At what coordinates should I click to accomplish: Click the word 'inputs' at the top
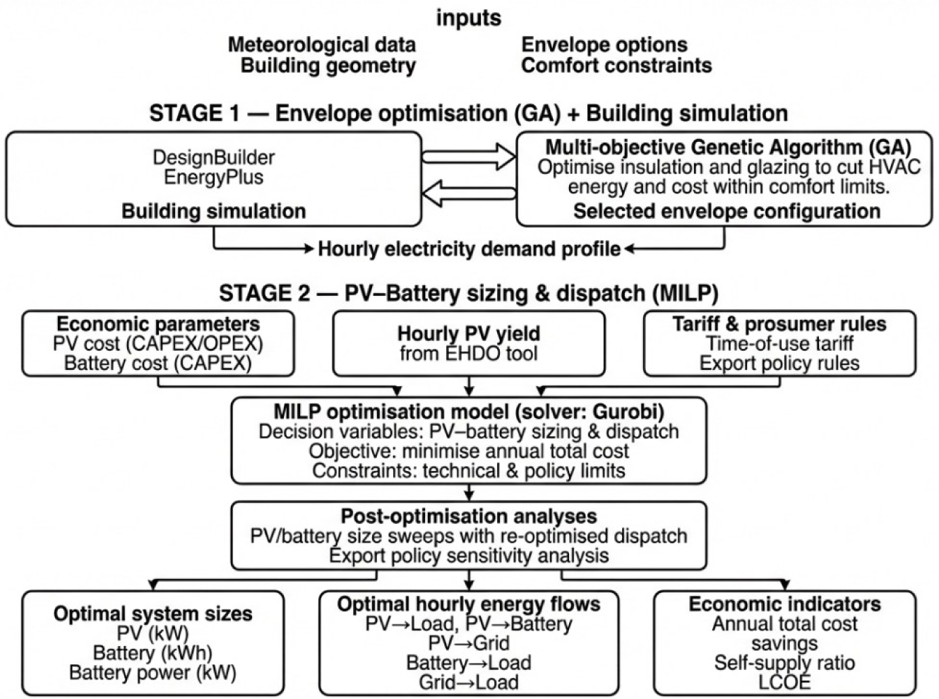pyautogui.click(x=469, y=18)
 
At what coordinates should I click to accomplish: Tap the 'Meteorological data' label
pyautogui.click(x=322, y=45)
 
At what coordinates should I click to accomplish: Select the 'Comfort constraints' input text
pyautogui.click(x=616, y=66)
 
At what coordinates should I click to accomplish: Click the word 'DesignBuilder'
pyautogui.click(x=214, y=157)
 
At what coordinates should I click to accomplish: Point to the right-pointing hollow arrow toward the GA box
pyautogui.click(x=469, y=157)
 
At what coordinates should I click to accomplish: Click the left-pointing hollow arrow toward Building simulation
pyautogui.click(x=469, y=193)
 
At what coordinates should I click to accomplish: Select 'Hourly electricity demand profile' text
pyautogui.click(x=469, y=249)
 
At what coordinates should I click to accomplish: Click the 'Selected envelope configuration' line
pyautogui.click(x=727, y=211)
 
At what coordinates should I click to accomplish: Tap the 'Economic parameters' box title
pyautogui.click(x=158, y=324)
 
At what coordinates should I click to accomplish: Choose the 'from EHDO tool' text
pyautogui.click(x=469, y=354)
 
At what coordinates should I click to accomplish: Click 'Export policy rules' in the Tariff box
pyautogui.click(x=779, y=363)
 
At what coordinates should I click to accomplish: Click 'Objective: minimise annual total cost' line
pyautogui.click(x=469, y=451)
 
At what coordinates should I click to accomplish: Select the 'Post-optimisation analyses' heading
pyautogui.click(x=469, y=517)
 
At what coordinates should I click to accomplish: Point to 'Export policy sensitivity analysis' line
pyautogui.click(x=469, y=556)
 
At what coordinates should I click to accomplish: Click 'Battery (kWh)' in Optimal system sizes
pyautogui.click(x=152, y=653)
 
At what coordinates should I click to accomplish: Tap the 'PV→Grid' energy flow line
pyautogui.click(x=469, y=643)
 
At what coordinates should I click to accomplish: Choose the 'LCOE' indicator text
pyautogui.click(x=784, y=683)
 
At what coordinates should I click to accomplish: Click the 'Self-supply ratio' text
pyautogui.click(x=784, y=663)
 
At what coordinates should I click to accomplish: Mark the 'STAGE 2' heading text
pyautogui.click(x=265, y=293)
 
